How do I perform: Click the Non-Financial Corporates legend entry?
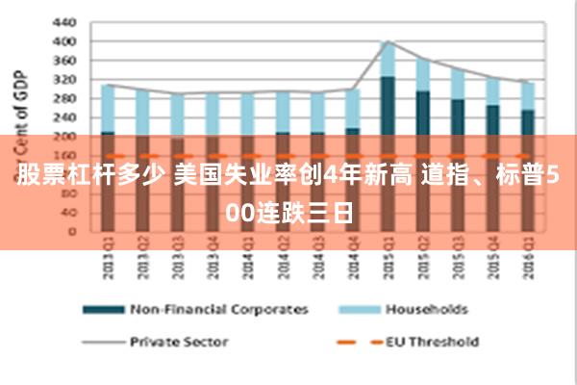(x=218, y=310)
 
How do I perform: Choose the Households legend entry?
(x=426, y=310)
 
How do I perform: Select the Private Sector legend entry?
(x=179, y=341)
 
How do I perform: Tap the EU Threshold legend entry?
(x=432, y=341)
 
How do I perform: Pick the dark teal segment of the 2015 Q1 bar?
(x=388, y=106)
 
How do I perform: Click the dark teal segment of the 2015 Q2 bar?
(x=422, y=114)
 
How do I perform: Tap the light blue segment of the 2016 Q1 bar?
(x=527, y=95)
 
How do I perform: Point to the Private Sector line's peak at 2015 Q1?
(x=388, y=41)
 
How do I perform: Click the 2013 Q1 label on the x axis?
(x=108, y=261)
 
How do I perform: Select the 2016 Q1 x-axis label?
(x=527, y=261)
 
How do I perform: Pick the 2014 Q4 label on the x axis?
(x=352, y=261)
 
